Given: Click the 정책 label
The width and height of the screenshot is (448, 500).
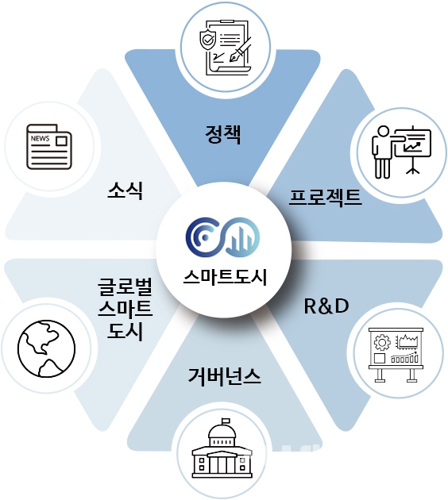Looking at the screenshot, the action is pyautogui.click(x=222, y=135).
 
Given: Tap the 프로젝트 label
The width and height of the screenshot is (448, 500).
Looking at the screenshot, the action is pyautogui.click(x=325, y=198).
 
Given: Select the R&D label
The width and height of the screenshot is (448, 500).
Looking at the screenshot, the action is pyautogui.click(x=326, y=306).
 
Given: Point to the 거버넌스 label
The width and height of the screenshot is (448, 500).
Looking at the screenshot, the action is pyautogui.click(x=224, y=376).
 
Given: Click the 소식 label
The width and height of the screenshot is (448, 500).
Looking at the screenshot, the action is pyautogui.click(x=125, y=190).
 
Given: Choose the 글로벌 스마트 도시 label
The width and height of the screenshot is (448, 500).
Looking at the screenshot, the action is pyautogui.click(x=125, y=309).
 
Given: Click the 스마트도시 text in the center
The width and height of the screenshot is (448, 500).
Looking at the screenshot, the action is pyautogui.click(x=225, y=277).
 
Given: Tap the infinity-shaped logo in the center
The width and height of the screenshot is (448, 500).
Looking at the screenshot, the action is pyautogui.click(x=222, y=237).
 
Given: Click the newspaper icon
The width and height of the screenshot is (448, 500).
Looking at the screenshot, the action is pyautogui.click(x=48, y=147).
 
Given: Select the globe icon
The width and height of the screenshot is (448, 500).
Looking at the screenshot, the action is pyautogui.click(x=47, y=349).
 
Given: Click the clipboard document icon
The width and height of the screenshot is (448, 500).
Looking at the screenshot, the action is pyautogui.click(x=226, y=47).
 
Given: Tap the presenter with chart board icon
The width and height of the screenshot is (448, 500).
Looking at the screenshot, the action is pyautogui.click(x=401, y=152).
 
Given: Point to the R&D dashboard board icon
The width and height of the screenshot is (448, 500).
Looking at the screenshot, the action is pyautogui.click(x=396, y=355).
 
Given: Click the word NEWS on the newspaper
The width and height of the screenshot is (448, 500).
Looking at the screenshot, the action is pyautogui.click(x=40, y=138).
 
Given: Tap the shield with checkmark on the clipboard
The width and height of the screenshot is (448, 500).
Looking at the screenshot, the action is pyautogui.click(x=207, y=40).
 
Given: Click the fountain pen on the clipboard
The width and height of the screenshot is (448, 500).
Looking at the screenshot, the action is pyautogui.click(x=240, y=50).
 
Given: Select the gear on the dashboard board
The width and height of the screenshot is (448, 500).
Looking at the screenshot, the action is pyautogui.click(x=382, y=343).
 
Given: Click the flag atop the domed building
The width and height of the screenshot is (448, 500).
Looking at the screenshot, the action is pyautogui.click(x=226, y=421).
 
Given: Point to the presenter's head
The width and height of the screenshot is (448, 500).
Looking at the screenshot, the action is pyautogui.click(x=383, y=132).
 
